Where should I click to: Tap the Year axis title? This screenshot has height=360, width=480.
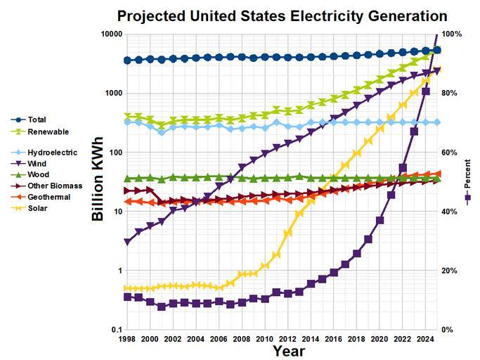[288, 350]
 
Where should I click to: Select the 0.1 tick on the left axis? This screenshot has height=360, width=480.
[114, 330]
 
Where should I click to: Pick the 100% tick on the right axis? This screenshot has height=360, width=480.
[452, 34]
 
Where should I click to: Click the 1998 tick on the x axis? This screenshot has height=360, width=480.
[127, 339]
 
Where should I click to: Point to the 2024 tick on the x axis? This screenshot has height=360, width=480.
[426, 339]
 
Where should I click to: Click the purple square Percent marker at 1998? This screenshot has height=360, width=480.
[127, 297]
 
